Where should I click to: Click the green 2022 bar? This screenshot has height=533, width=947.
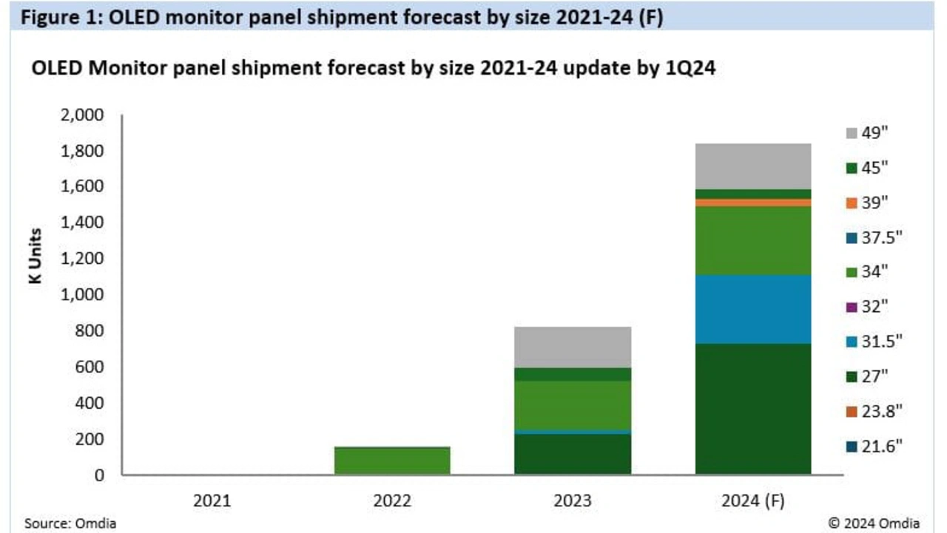392,460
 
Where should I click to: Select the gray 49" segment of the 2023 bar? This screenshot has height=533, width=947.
573,347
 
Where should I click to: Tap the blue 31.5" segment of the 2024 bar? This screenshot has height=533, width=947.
753,309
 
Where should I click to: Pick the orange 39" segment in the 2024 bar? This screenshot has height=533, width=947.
753,203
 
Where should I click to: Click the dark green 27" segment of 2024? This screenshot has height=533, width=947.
753,408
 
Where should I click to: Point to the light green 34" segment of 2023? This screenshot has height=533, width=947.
573,404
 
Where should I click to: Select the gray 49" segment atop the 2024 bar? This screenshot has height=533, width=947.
753,166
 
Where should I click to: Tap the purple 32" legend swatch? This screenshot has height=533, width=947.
852,307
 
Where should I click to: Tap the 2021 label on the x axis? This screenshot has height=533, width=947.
212,500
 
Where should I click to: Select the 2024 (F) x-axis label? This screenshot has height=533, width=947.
753,500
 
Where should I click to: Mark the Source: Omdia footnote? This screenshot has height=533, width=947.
70,523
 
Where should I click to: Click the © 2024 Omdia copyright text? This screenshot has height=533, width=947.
874,523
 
